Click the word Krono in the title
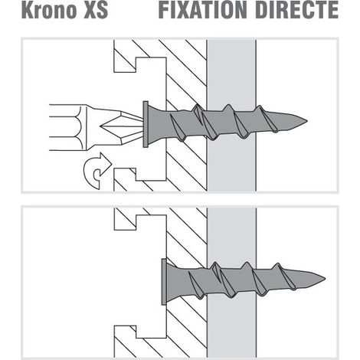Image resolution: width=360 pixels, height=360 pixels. click(49, 10)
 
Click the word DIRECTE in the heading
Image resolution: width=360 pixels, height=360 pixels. click(296, 10)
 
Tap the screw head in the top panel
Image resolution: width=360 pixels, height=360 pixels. click(146, 124)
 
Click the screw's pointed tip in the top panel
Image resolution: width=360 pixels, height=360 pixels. click(307, 121)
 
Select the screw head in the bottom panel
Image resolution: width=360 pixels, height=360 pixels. click(164, 282)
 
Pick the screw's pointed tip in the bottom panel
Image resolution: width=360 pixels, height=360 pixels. click(326, 278)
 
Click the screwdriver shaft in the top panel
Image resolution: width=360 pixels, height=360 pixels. click(68, 127)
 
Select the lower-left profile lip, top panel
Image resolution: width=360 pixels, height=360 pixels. click(124, 179)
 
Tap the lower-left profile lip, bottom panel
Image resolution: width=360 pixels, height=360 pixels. click(125, 342)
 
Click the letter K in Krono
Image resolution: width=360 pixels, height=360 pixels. click(28, 10)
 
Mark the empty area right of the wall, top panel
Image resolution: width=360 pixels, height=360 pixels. click(296, 77)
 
